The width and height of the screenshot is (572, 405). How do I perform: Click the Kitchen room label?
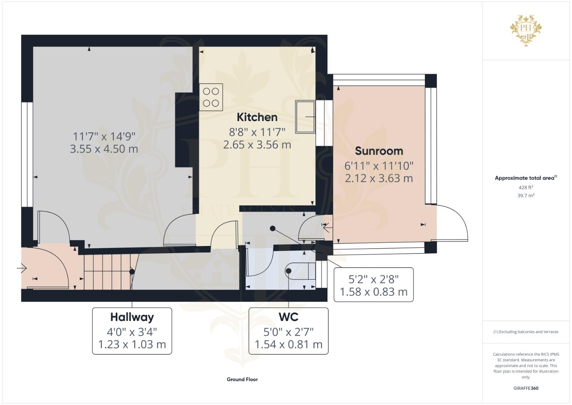click(x=257, y=117)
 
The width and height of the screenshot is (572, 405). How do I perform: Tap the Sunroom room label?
click(x=379, y=151)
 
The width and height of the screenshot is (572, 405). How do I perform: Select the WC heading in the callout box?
click(x=288, y=317)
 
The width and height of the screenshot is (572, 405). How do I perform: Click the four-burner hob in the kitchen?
click(x=211, y=97)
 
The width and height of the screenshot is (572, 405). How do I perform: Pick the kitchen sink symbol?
click(x=305, y=117)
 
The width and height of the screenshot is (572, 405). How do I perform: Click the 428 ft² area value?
click(x=526, y=187)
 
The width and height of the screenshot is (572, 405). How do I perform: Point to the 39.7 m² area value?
click(x=526, y=196)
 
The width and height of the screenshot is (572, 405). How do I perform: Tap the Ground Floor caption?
click(x=242, y=379)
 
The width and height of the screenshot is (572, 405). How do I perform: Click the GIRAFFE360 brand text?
click(x=526, y=388)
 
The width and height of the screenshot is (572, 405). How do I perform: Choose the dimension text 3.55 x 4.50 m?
click(x=104, y=149)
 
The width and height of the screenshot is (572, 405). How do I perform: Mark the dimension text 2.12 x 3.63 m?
click(x=379, y=178)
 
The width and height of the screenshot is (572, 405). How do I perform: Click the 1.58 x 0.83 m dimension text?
click(x=373, y=292)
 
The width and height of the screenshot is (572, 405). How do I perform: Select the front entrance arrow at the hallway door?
click(x=22, y=268)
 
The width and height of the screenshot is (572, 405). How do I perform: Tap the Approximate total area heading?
click(x=526, y=178)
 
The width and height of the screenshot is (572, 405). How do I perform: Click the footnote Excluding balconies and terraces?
click(x=526, y=332)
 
